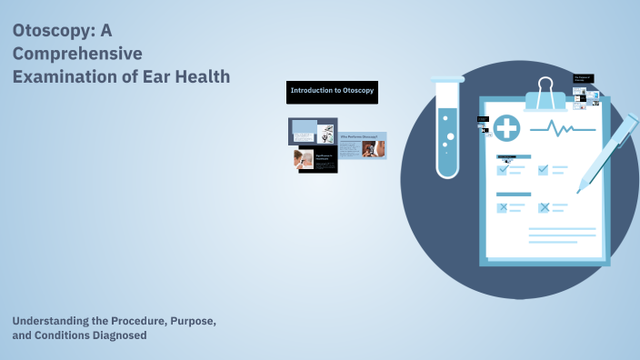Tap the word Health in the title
coord(201,76)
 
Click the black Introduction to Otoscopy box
coord(332,91)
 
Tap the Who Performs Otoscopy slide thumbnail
coord(362,145)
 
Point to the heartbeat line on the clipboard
coord(563,129)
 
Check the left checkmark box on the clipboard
coord(502,168)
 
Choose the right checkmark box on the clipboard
coord(544,168)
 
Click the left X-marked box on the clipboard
coord(502,207)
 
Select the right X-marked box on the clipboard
coord(544,207)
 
